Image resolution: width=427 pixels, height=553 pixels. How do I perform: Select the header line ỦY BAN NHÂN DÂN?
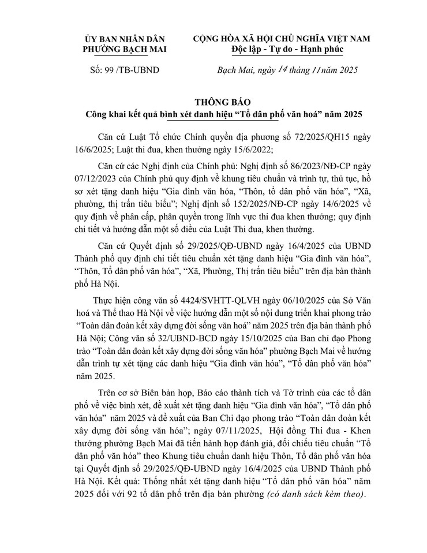[x=123, y=39]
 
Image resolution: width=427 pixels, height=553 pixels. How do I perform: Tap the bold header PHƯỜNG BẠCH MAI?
[x=124, y=50]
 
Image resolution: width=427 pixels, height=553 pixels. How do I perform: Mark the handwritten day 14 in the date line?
[x=280, y=69]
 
